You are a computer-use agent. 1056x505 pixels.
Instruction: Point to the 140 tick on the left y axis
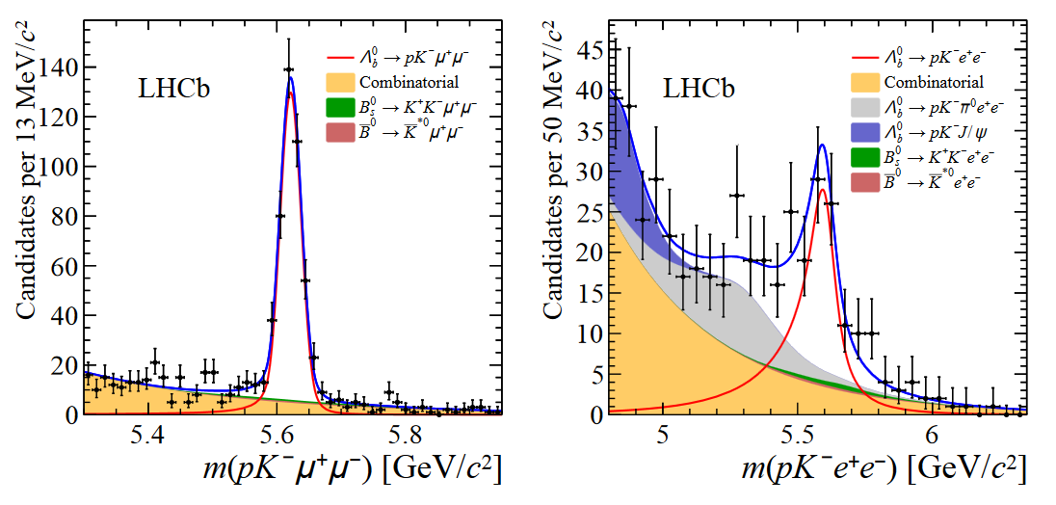62,67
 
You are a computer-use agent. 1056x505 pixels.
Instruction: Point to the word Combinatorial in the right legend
934,83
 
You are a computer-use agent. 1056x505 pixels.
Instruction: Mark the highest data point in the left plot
289,69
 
